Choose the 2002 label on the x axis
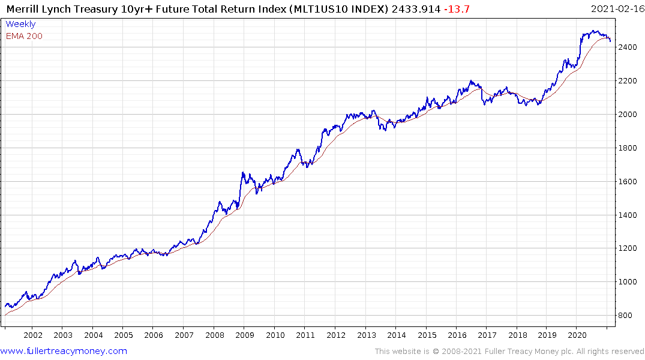pos(32,335)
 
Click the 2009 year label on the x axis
pos(245,335)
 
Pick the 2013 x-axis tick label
pos(366,335)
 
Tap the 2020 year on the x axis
pos(577,335)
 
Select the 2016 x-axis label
pos(457,335)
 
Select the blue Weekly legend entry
pos(20,24)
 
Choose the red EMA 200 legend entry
pos(24,36)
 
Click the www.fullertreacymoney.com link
pos(64,351)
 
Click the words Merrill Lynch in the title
pos(37,8)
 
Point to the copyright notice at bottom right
pos(509,352)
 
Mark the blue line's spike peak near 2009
pos(242,172)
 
